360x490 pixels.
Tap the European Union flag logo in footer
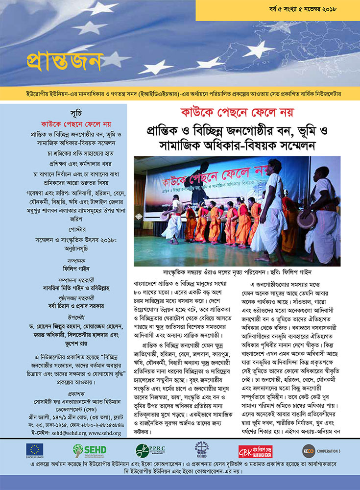36,450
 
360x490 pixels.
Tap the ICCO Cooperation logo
321,450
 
